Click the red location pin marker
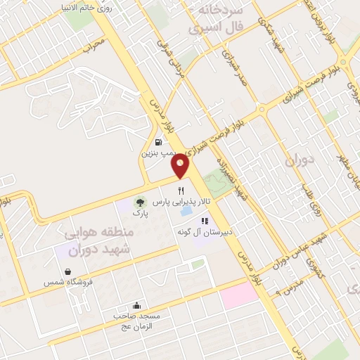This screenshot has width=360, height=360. click(181, 165)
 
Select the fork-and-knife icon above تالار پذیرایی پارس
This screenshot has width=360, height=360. click(181, 190)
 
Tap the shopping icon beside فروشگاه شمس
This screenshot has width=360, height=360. click(67, 271)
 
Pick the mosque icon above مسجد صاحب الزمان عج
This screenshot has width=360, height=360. click(136, 306)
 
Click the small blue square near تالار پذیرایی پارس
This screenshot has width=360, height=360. click(186, 210)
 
